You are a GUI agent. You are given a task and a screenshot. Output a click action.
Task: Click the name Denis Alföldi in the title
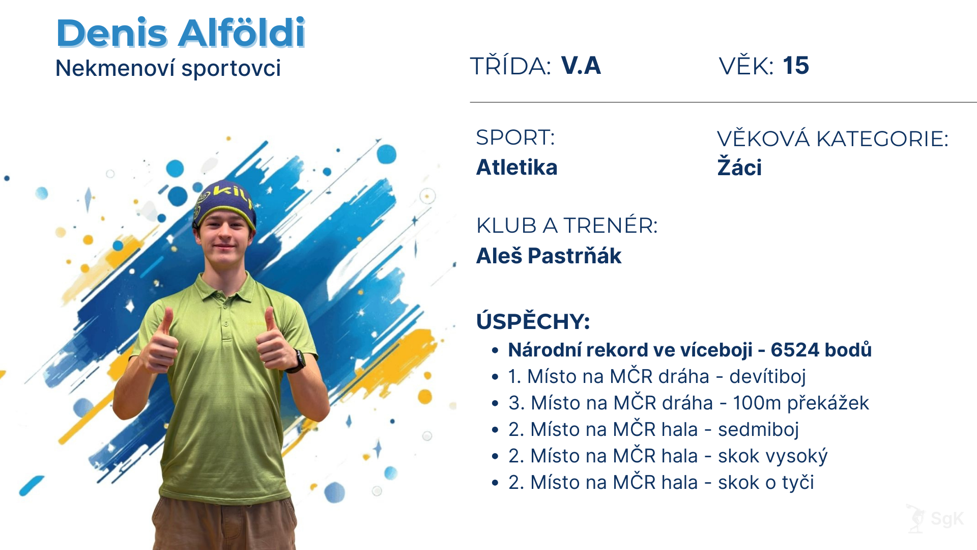point(181,33)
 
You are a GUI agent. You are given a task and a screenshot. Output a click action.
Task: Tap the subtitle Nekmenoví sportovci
point(168,68)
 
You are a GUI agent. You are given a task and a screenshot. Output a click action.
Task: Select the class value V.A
point(581,66)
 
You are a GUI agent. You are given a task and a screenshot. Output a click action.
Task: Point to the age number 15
point(796,66)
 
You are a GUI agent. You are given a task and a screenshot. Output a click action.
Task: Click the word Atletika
point(516,167)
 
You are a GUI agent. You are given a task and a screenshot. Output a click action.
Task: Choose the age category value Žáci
point(739,167)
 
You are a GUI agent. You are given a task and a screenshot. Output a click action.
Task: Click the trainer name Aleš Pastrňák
point(549,255)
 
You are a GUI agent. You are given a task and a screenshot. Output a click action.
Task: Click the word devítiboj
point(767,376)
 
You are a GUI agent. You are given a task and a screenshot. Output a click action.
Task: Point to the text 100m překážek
point(801,403)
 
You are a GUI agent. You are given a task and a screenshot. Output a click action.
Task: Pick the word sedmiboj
point(758,429)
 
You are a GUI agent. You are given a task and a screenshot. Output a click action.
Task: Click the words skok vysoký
point(772,456)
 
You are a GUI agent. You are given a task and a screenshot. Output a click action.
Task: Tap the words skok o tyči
point(766,482)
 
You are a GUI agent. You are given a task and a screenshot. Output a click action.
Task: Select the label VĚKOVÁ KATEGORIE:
point(832,139)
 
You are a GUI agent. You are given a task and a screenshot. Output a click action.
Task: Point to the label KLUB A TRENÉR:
point(567,225)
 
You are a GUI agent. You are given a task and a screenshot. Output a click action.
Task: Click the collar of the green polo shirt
point(224,288)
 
